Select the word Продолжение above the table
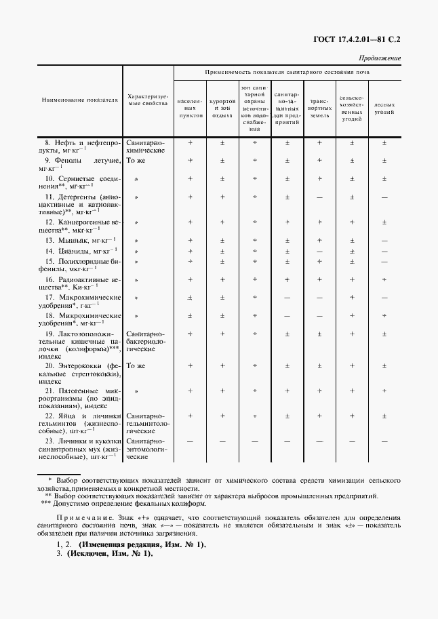click(x=379, y=58)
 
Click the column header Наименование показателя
click(x=80, y=100)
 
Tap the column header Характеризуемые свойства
click(x=148, y=100)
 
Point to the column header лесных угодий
click(x=384, y=108)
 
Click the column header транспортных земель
click(x=319, y=108)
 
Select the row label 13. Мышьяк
click(x=80, y=240)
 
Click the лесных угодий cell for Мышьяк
click(x=384, y=240)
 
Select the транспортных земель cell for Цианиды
click(x=319, y=251)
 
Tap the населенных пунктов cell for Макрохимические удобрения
click(x=191, y=298)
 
